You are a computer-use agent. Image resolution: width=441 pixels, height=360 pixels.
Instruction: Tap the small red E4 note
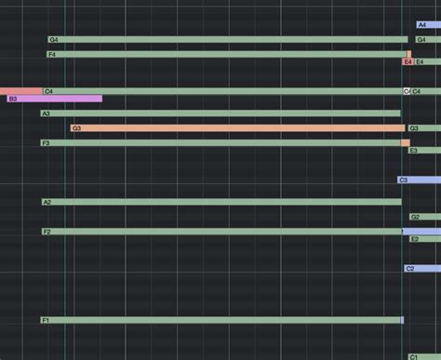tap(408, 62)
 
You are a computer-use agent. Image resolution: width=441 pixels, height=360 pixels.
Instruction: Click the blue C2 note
tap(421, 269)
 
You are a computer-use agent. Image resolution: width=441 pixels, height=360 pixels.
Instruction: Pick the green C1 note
tap(424, 356)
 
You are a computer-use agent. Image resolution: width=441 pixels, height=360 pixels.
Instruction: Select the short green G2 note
tap(424, 217)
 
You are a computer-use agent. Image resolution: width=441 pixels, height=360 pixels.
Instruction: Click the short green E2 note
tap(424, 239)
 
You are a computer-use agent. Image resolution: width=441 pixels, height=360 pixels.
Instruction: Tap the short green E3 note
tap(423, 150)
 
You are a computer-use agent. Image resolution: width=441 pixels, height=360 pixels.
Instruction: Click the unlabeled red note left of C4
tap(20, 91)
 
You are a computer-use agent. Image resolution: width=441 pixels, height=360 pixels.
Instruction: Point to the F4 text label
tap(52, 55)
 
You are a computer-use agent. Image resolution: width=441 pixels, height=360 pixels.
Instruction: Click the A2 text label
tap(47, 202)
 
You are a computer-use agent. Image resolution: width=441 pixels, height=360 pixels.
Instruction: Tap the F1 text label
tap(46, 320)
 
